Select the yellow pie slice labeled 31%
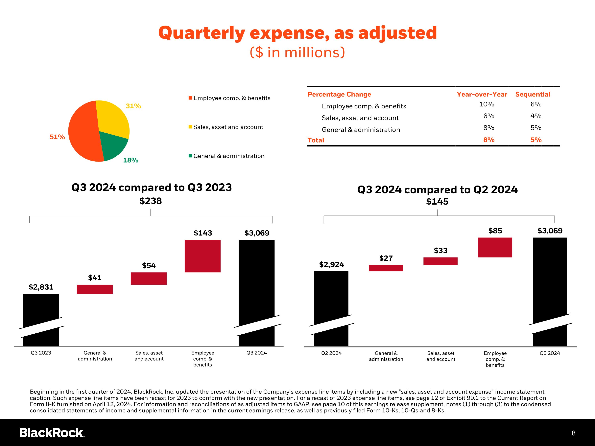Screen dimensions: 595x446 point(113,118)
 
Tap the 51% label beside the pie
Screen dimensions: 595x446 point(57,137)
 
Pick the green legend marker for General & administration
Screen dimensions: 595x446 point(190,156)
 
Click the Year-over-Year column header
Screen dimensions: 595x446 point(482,94)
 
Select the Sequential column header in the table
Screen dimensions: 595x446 point(533,94)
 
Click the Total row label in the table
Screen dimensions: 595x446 point(316,140)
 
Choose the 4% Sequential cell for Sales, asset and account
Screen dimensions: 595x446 point(536,116)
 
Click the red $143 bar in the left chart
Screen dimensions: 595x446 point(202,256)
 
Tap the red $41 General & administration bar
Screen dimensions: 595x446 point(95,289)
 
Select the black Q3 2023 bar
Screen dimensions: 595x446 point(41,320)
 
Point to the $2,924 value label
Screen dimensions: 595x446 point(331,265)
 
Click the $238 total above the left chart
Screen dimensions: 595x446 point(151,201)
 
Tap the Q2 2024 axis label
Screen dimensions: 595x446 point(331,353)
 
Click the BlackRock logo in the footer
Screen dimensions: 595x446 point(52,433)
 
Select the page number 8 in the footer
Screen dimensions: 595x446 point(574,433)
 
